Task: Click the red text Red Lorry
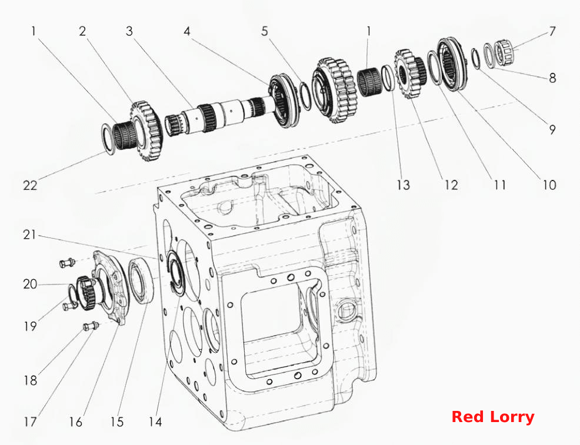coord(493,417)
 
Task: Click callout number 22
coord(31,185)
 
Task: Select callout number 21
coord(29,235)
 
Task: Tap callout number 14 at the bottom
coord(155,421)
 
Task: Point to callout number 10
coord(549,185)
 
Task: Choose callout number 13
coord(403,185)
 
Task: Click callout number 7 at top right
coord(552,31)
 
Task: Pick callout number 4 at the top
coord(187,31)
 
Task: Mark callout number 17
coord(31,421)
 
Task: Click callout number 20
coord(31,284)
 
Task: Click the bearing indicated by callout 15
coord(141,281)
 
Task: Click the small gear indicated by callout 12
coord(410,75)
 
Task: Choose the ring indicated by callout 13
coord(386,78)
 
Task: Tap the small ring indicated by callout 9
coord(476,58)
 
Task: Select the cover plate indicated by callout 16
coord(111,288)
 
